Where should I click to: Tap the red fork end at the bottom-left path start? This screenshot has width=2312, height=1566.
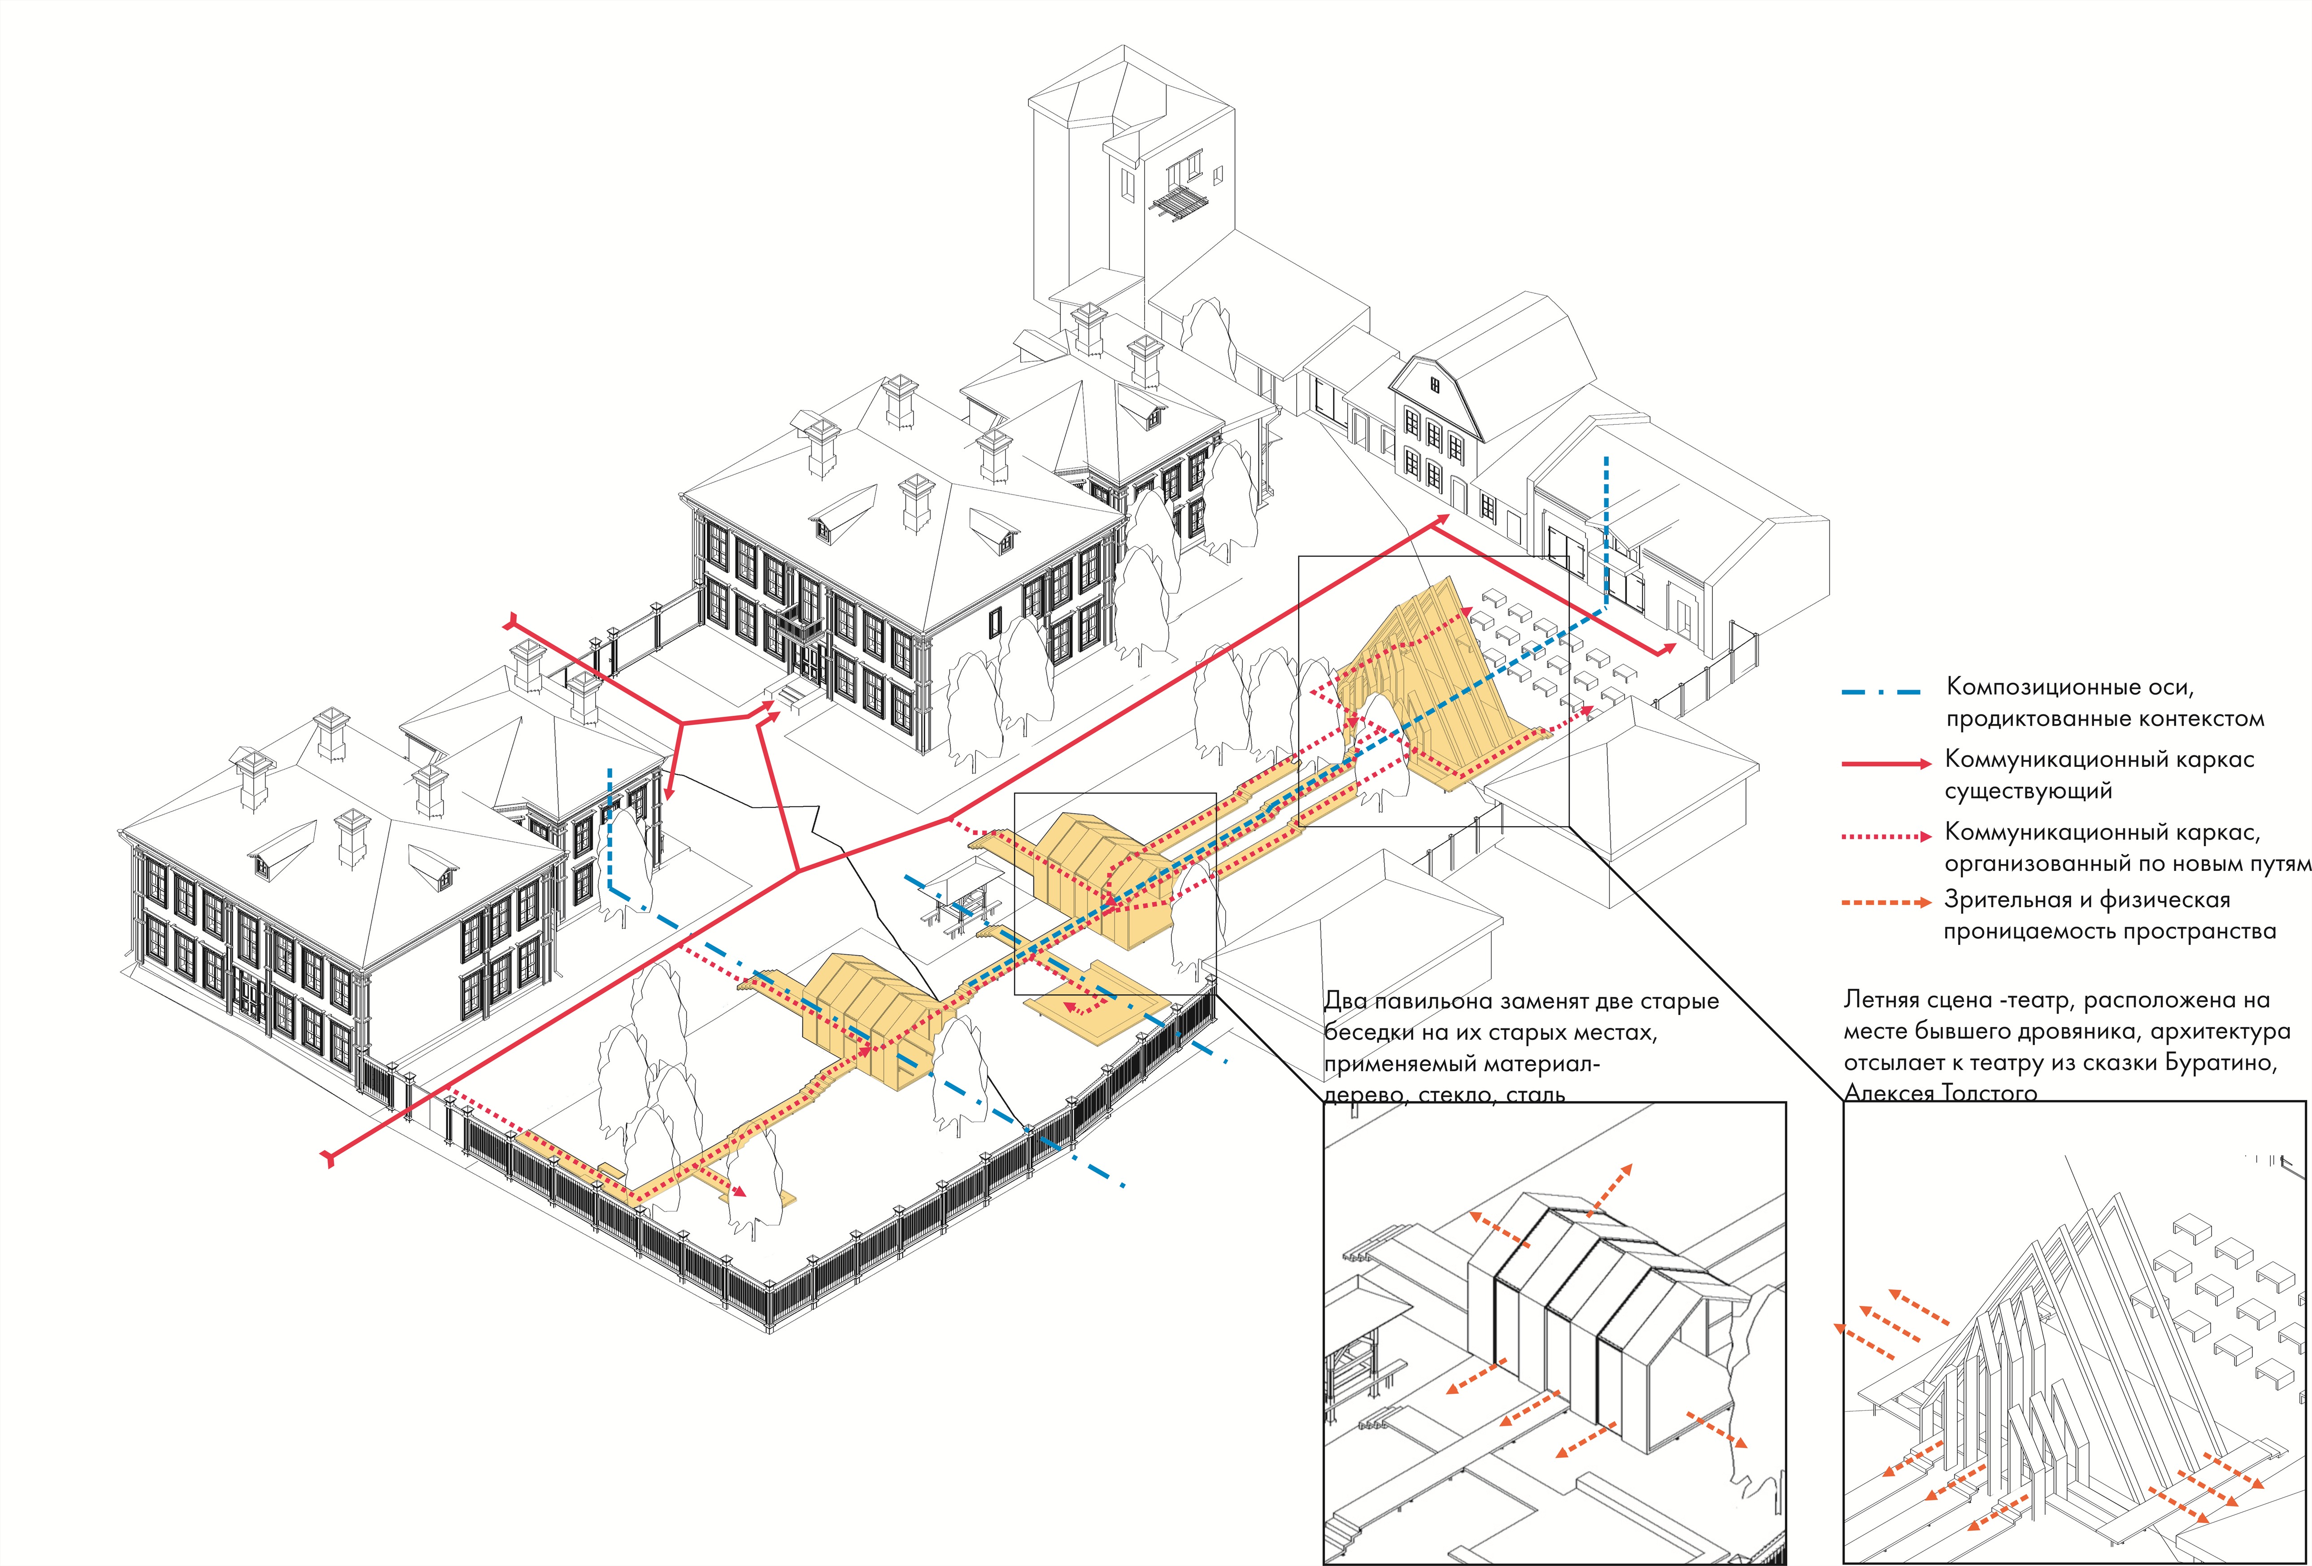point(328,1156)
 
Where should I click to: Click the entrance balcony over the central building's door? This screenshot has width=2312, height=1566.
point(800,627)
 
